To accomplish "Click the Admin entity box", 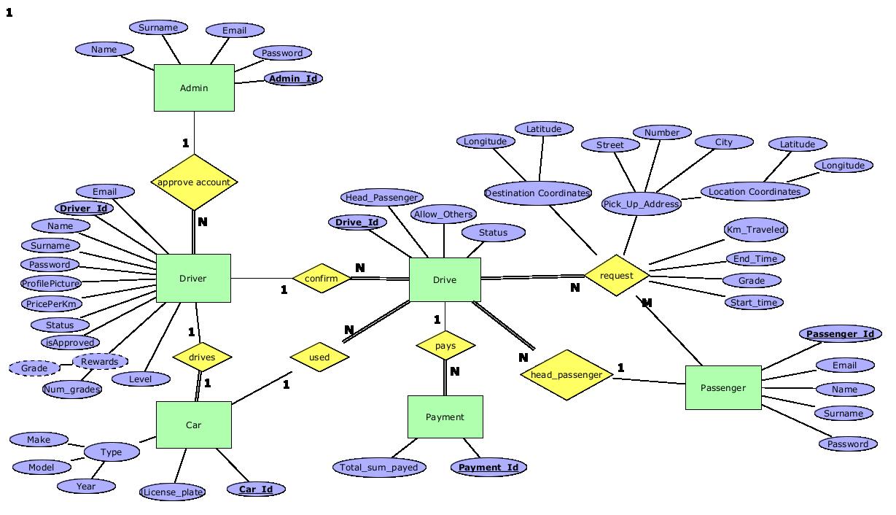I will [194, 88].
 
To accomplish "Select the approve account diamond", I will [194, 182].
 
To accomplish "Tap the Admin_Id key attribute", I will [293, 78].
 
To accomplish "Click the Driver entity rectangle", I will [193, 278].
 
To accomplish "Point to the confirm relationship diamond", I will [322, 279].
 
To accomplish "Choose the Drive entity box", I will [445, 279].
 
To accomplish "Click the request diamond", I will [617, 276].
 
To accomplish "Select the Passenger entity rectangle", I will [723, 387].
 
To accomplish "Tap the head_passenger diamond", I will [566, 375].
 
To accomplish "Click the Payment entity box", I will [445, 417].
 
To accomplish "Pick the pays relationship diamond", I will [445, 345].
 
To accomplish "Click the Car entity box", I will [194, 425].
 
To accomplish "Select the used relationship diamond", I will [319, 357].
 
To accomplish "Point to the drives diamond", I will [202, 357].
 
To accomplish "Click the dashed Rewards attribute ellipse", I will [100, 362].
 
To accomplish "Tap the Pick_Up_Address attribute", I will [642, 204].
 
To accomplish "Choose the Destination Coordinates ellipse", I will [538, 193].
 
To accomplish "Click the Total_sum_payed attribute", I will [380, 468].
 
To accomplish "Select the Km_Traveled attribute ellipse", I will [756, 230].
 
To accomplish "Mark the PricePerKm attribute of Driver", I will [51, 303].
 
